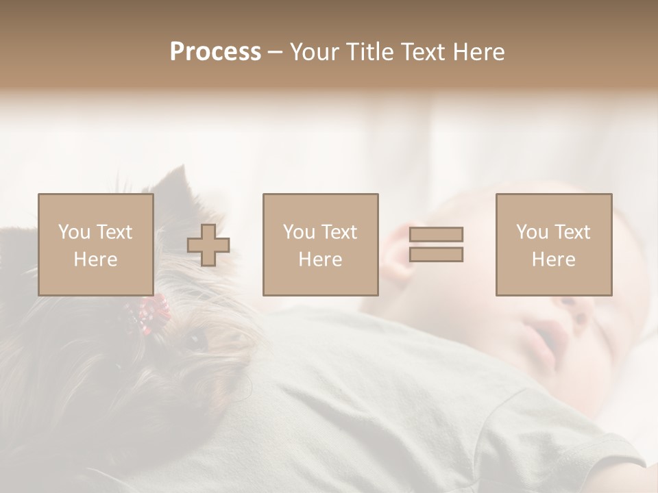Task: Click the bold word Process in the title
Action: click(x=215, y=51)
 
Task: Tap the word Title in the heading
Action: click(x=367, y=51)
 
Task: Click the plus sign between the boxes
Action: click(x=208, y=244)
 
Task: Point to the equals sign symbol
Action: click(x=436, y=244)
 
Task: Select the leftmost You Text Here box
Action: click(x=96, y=244)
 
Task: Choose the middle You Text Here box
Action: click(x=320, y=244)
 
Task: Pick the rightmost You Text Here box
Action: click(x=554, y=244)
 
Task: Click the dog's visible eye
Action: click(x=197, y=338)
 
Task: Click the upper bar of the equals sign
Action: click(x=436, y=234)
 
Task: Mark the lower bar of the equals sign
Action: click(x=436, y=255)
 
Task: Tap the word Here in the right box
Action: click(x=554, y=260)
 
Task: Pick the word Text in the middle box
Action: click(x=340, y=232)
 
